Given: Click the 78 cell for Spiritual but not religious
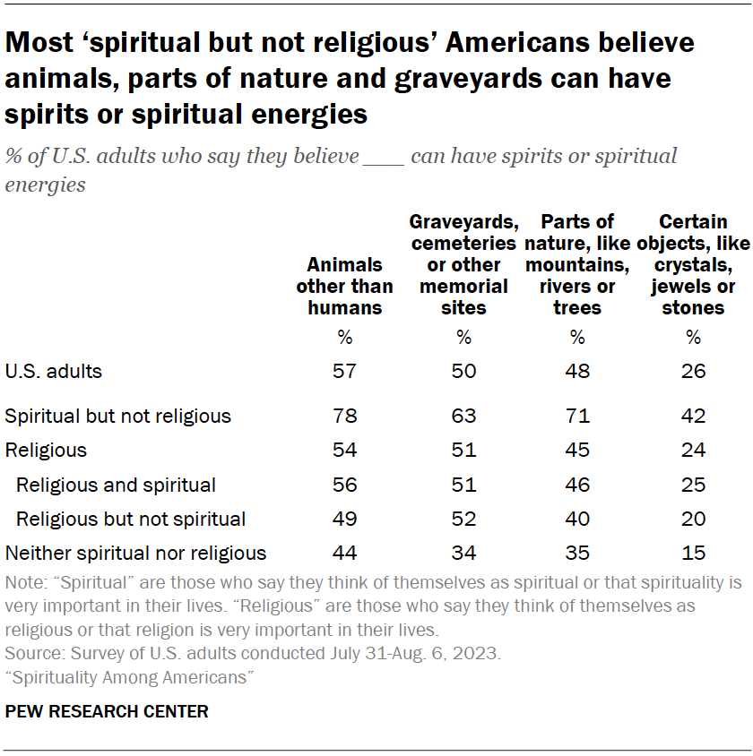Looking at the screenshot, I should pos(344,417).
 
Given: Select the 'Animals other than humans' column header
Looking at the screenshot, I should pos(344,286).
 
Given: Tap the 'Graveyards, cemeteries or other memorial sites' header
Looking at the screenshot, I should pos(463,264).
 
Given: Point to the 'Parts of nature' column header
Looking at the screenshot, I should pos(577,264).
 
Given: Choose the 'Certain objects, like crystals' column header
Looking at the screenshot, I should pos(693,264).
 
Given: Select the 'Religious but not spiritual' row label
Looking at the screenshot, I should pos(131,519).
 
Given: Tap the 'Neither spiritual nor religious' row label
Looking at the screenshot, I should pos(135,553).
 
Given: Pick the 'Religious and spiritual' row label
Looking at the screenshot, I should pos(116,485).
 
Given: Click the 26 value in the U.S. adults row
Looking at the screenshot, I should pos(693,371).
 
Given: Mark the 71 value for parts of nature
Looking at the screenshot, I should pos(577,417).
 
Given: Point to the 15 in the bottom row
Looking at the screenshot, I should pos(693,553).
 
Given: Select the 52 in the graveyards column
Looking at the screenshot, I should pos(463,519).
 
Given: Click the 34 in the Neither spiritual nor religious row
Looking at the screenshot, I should pos(463,553).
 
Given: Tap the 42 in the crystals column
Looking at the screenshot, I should pos(693,417).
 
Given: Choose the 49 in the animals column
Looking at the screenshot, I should pos(344,519).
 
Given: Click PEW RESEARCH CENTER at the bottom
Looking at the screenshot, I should pos(107,712).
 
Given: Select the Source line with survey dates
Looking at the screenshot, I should pos(254,654).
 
